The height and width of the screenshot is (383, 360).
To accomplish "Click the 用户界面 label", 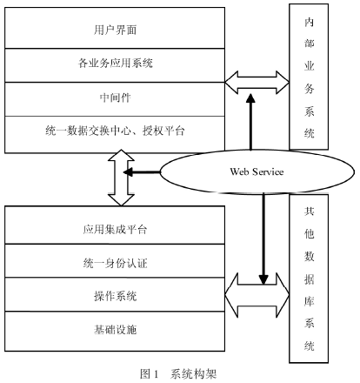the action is click(x=115, y=30).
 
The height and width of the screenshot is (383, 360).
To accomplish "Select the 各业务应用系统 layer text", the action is click(x=115, y=63).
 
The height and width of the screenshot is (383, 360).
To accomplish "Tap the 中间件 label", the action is click(x=115, y=97).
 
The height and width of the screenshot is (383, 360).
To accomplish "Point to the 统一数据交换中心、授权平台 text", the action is click(x=115, y=131).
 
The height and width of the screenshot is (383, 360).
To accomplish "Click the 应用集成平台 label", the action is click(x=115, y=230).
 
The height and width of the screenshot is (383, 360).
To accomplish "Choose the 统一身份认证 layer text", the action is click(x=115, y=263).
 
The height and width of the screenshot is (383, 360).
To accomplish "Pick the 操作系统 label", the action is click(x=115, y=296).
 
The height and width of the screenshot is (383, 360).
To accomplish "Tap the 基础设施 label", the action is click(x=115, y=330).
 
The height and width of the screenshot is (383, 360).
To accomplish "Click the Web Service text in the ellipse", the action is click(x=257, y=171).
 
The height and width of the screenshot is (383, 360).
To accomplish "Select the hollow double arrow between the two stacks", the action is click(x=121, y=178).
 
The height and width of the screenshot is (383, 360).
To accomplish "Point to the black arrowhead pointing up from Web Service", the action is click(x=250, y=98).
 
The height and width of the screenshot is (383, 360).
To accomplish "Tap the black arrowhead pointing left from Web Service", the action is click(x=129, y=172).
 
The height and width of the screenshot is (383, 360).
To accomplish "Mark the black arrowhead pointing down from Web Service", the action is click(x=263, y=279).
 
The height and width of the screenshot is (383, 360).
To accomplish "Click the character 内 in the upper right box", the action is click(x=309, y=23).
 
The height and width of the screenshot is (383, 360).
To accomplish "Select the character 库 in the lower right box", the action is click(x=309, y=302).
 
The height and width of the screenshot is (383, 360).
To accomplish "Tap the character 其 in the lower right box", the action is click(x=309, y=211).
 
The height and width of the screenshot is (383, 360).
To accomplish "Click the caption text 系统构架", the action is click(x=193, y=373).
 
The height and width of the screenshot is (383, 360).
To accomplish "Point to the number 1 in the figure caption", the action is click(x=156, y=374).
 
